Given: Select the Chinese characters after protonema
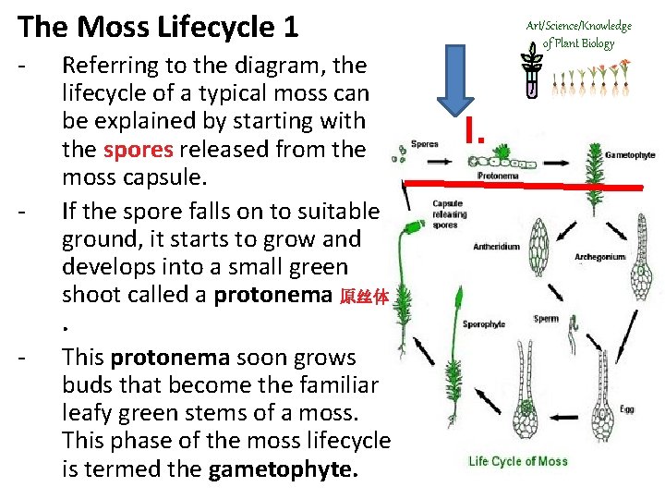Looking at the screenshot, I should [366, 297].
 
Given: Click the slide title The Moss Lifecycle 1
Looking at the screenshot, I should [158, 27].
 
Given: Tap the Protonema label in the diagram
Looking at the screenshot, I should [497, 175].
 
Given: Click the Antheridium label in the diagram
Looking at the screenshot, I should [497, 247].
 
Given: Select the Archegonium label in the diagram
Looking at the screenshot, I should [599, 256].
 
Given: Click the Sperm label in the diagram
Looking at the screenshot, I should [546, 319].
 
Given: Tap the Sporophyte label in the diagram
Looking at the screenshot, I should [484, 324].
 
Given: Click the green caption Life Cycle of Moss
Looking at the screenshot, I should [518, 461].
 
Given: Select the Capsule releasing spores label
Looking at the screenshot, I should [450, 213].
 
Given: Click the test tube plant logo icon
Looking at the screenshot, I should [533, 72].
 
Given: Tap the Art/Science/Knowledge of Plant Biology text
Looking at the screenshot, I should [578, 34].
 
